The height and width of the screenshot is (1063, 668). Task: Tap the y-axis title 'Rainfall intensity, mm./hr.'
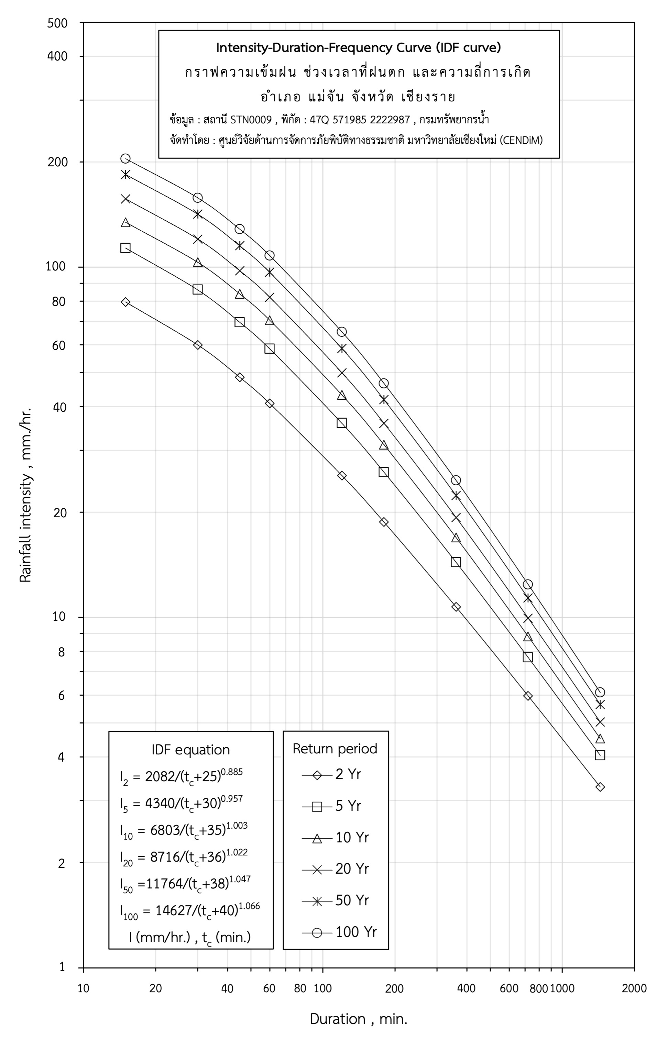point(25,495)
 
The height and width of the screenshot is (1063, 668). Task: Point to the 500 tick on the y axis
point(58,23)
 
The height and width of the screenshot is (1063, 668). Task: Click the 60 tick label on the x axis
point(269,988)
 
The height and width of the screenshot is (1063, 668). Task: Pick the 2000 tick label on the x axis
point(634,988)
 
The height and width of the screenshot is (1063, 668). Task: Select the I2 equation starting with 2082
point(181,776)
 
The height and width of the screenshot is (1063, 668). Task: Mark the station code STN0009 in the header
point(251,120)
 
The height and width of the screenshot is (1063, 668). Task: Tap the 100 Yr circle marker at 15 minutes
point(125,158)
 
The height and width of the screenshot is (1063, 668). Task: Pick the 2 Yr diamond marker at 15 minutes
point(125,302)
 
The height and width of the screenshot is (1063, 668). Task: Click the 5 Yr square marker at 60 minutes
point(269,349)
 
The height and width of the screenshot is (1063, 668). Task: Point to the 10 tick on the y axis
point(59,617)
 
